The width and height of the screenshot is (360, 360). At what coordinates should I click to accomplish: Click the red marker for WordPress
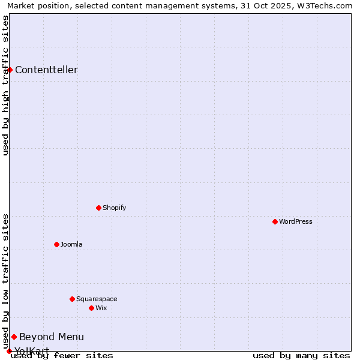(275, 221)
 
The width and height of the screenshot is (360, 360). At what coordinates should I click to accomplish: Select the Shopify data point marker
(98, 208)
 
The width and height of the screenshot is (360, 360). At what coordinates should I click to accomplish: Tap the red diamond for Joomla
(56, 244)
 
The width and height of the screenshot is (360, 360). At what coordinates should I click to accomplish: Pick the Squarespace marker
(72, 299)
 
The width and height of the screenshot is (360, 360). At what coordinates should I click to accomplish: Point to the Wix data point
(91, 308)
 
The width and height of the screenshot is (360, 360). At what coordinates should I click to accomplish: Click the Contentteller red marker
(10, 70)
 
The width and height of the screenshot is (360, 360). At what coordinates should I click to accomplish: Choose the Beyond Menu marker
(14, 337)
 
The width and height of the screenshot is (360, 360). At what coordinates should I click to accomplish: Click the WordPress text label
(296, 221)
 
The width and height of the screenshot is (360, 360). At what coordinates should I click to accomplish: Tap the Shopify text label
(115, 208)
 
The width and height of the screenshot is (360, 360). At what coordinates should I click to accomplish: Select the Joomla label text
(71, 244)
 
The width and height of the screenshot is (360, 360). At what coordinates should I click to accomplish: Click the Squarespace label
(97, 299)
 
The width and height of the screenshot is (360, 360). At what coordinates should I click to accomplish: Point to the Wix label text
(101, 308)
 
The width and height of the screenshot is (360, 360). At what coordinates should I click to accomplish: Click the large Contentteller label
(46, 70)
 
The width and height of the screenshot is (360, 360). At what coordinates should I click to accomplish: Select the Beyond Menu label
(52, 337)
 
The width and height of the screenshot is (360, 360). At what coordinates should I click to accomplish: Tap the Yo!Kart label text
(32, 350)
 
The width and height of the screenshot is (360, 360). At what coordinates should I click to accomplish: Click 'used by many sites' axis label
(301, 355)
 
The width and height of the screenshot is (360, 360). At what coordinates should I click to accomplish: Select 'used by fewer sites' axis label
(62, 355)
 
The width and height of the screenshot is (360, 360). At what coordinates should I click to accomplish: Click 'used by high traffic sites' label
(6, 85)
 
